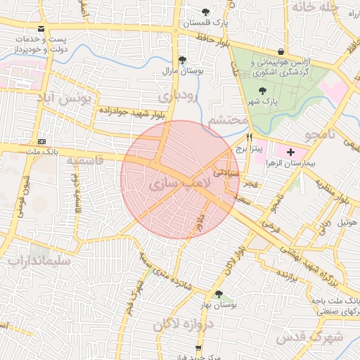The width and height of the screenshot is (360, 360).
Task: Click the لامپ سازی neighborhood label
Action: click(179, 185)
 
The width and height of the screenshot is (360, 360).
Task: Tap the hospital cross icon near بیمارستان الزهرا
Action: click(291, 152)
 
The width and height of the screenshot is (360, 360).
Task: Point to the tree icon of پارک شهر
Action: click(262, 91)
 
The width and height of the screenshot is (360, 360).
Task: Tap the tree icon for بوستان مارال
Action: click(183, 60)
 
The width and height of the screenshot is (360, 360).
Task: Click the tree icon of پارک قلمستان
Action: click(205, 12)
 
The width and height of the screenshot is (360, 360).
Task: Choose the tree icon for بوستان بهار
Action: click(219, 295)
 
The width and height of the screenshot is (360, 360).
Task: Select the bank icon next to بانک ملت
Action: click(41, 141)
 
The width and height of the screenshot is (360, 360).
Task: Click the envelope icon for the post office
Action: click(42, 29)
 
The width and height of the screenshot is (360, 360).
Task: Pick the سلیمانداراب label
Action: click(39, 261)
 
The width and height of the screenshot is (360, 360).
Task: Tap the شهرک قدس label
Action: click(309, 337)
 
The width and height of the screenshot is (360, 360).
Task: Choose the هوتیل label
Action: click(347, 222)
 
